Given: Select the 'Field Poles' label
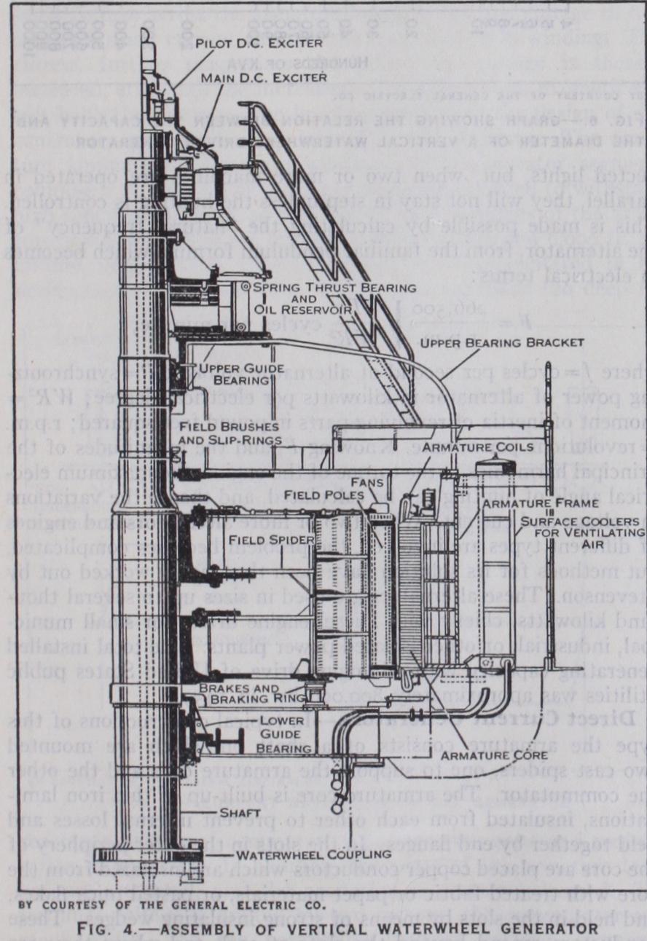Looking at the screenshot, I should (x=321, y=496).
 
